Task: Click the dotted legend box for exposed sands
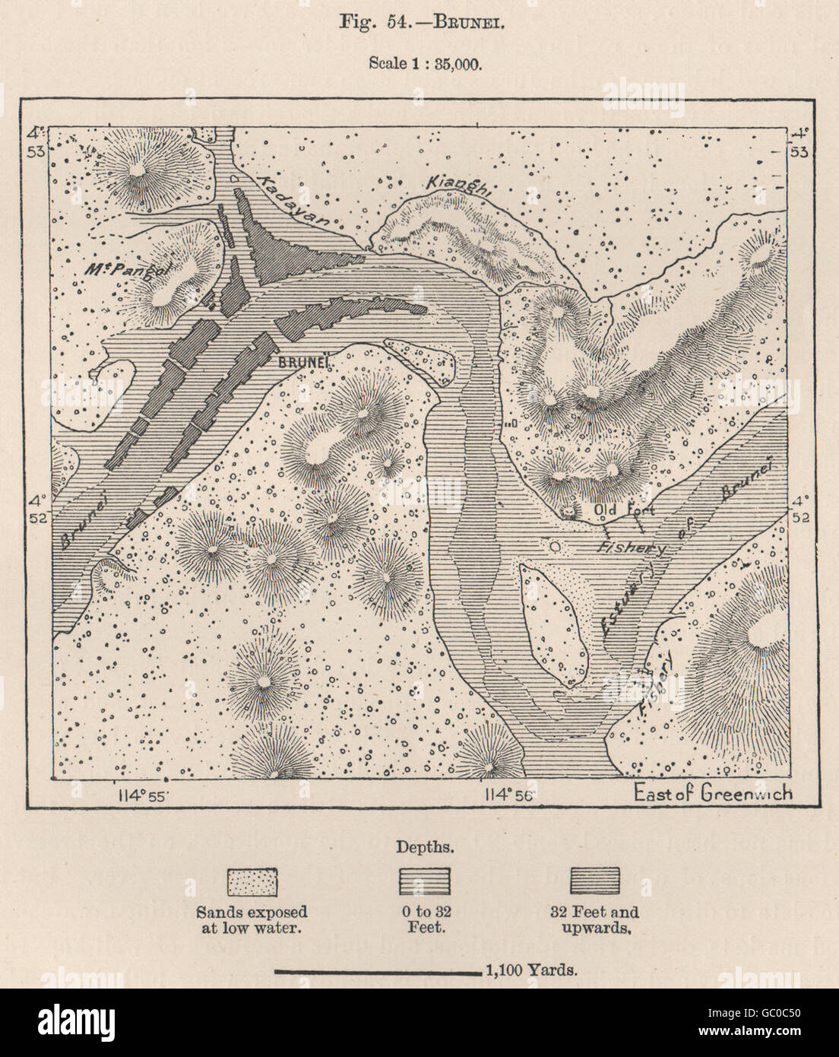pos(252,881)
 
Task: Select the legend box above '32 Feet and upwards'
pos(596,881)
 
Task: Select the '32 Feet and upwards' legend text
pos(597,919)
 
